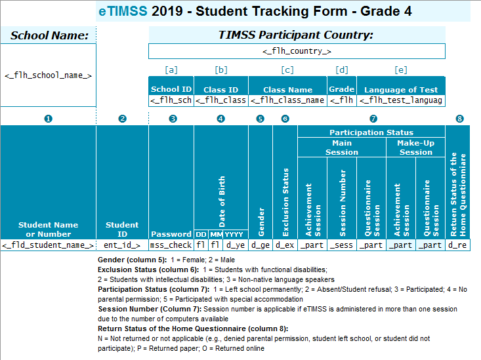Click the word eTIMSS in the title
point(122,11)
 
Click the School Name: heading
point(49,35)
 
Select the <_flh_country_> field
point(297,50)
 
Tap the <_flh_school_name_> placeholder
point(48,75)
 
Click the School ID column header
point(171,89)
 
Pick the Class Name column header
point(287,90)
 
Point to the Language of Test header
point(401,90)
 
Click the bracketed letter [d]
point(341,70)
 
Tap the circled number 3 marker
point(172,119)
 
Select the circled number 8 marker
point(459,119)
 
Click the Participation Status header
point(371,132)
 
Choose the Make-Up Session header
point(415,148)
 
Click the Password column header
point(171,234)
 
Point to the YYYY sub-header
point(235,234)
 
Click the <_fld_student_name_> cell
point(48,245)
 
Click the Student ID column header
point(122,230)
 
